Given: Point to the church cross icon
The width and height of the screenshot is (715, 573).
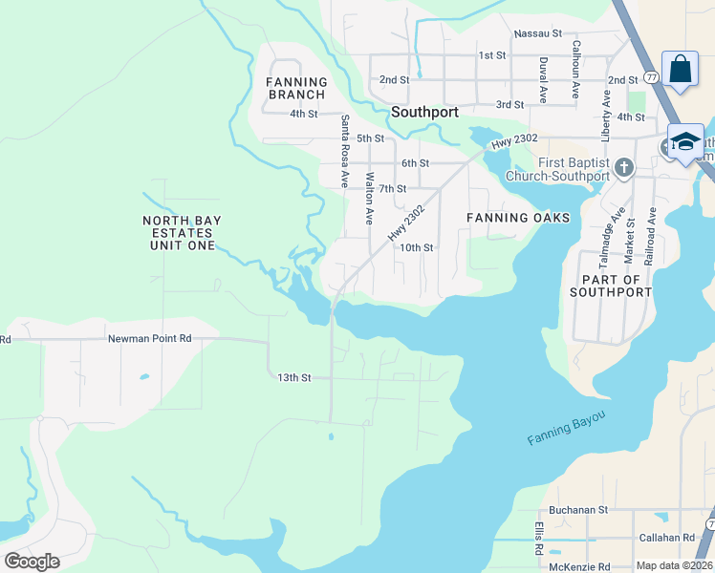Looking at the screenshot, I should point(623,168).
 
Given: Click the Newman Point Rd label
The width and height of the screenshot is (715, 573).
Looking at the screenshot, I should point(149,338).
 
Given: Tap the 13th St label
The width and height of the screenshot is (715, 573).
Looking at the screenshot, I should point(294,378).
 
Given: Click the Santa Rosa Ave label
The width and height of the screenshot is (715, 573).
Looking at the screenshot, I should point(344,151).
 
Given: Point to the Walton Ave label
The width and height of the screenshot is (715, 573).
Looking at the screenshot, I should point(369,198).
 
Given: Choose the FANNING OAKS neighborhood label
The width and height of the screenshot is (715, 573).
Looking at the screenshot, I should point(517,218).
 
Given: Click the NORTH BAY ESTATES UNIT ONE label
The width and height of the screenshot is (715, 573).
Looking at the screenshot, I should point(182,233).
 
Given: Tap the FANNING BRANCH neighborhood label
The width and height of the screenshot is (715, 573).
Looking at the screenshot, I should point(296,88).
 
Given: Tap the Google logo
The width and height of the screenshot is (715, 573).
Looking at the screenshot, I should point(32,562).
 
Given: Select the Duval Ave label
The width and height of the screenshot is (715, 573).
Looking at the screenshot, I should point(543,79).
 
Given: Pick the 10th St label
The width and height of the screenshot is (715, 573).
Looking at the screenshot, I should point(417,247).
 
